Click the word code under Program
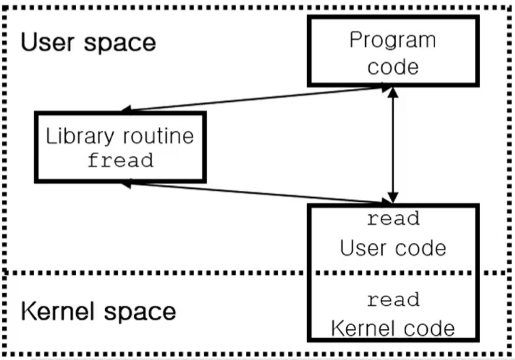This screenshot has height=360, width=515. coord(393,67)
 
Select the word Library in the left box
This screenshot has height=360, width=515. coord(80,136)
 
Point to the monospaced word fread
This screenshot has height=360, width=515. coord(121,160)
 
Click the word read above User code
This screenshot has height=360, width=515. coord(393,219)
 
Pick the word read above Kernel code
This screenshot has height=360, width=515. coord(393,299)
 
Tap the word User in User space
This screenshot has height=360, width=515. coord(48,42)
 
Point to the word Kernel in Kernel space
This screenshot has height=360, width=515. coord(57,311)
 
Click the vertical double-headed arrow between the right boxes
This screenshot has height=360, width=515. coord(393,145)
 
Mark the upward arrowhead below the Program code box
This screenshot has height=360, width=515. coord(393,92)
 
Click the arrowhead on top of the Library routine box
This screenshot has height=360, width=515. coord(127,109)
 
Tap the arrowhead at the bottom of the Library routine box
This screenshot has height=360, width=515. coord(127,184)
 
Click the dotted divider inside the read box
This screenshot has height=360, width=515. coord(393,273)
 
